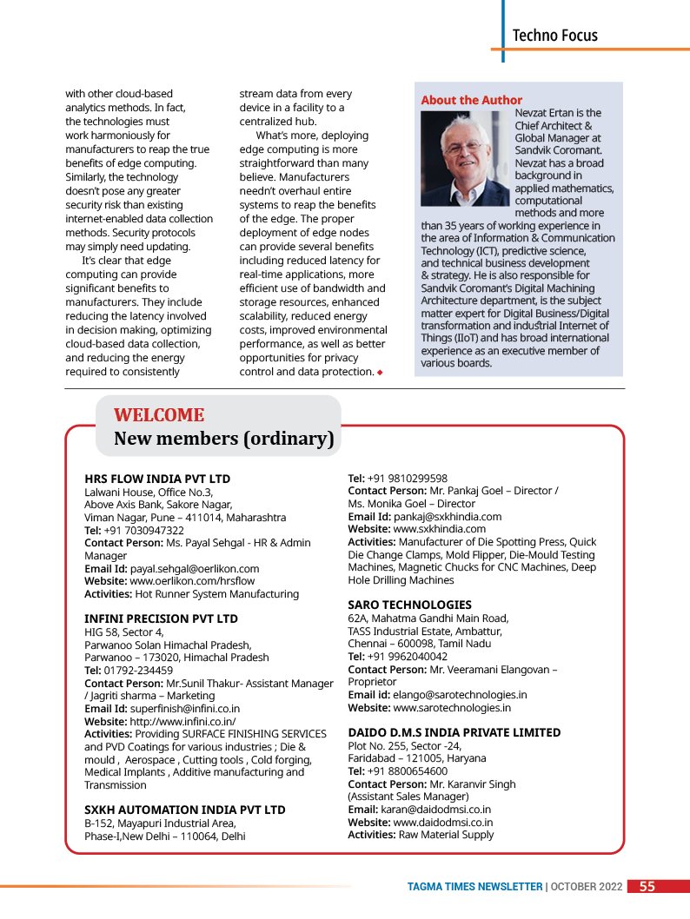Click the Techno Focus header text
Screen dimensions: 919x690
coord(554,36)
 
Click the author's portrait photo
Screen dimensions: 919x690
coord(465,157)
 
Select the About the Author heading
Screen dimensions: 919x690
coord(472,100)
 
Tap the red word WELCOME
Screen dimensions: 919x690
coord(159,415)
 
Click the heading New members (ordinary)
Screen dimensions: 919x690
coord(224,439)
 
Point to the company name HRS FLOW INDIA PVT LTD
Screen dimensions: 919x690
coord(157,479)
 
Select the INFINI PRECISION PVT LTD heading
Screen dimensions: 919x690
coord(161,618)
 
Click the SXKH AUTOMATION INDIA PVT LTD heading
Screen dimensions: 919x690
coord(184,810)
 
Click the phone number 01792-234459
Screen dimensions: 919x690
coord(138,670)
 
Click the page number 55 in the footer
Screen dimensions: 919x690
coord(647,887)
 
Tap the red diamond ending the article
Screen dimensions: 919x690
coord(380,373)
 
